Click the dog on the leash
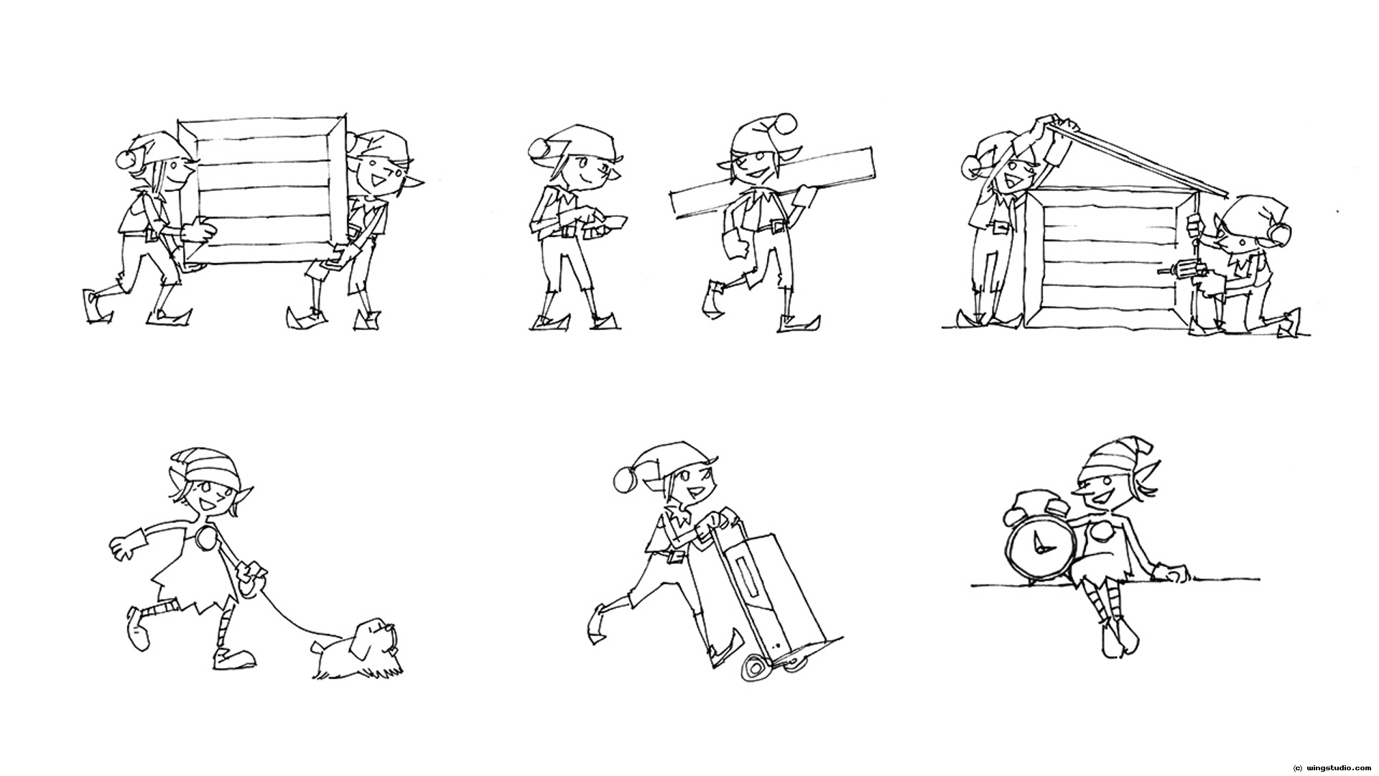[359, 650]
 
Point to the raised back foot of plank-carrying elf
[711, 298]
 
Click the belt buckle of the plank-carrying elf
[776, 228]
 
